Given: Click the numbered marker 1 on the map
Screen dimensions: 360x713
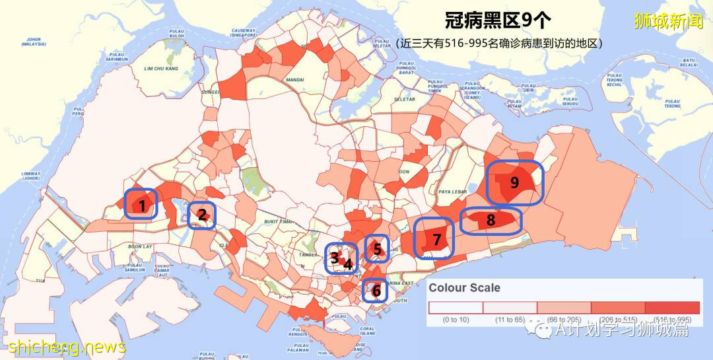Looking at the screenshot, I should [x=141, y=204].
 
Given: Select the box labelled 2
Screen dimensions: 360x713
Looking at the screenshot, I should [x=202, y=215].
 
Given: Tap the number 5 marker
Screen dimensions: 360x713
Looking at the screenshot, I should [x=377, y=249].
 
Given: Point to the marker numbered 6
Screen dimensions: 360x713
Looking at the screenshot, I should [x=376, y=290].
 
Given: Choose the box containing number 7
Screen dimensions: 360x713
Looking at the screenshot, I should [x=435, y=238].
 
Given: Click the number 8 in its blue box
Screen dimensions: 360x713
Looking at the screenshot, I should [x=491, y=221].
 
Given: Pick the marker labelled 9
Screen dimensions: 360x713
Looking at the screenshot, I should [x=514, y=182].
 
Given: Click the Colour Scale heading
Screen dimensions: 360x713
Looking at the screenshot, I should [x=465, y=288].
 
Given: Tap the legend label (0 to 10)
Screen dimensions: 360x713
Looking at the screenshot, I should [x=455, y=320].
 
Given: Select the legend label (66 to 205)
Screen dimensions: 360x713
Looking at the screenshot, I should [x=563, y=320].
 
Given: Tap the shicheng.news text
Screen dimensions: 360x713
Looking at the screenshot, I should [x=67, y=346].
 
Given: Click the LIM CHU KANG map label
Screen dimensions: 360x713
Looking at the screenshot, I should [x=162, y=68].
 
